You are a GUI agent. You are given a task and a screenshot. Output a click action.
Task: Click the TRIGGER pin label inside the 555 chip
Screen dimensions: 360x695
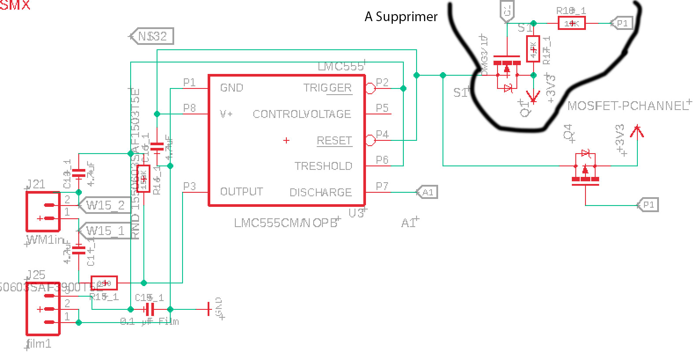[327, 88]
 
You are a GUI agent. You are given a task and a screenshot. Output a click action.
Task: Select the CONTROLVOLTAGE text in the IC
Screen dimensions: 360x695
[302, 114]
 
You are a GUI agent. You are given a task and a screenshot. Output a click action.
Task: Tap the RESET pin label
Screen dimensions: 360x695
[334, 140]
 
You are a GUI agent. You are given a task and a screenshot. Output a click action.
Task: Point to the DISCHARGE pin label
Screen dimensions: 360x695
[321, 192]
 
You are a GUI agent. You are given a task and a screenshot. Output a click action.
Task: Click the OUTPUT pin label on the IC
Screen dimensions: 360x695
[241, 192]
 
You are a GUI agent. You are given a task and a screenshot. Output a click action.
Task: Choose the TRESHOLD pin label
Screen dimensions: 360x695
[323, 166]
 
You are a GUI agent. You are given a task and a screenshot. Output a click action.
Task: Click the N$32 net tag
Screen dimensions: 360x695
[152, 36]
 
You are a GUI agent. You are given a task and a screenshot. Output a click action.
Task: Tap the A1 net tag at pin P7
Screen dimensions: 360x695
[427, 192]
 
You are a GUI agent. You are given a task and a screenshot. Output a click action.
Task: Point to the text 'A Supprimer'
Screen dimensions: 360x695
[401, 17]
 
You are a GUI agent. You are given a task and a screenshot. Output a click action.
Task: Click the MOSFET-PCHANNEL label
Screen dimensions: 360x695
[627, 106]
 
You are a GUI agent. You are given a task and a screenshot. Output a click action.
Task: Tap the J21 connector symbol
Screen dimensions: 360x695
[43, 211]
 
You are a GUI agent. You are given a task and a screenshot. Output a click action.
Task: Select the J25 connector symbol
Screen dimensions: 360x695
[43, 309]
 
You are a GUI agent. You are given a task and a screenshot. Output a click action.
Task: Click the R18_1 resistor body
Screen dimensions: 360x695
[571, 23]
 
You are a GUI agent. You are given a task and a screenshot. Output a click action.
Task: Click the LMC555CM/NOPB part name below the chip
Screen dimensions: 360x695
[285, 223]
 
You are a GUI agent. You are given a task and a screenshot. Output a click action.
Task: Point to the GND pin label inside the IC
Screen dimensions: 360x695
[231, 88]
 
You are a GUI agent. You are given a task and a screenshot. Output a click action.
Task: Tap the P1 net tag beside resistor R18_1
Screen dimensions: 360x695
[622, 23]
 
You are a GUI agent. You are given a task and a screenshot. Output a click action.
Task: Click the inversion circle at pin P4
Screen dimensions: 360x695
[370, 140]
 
